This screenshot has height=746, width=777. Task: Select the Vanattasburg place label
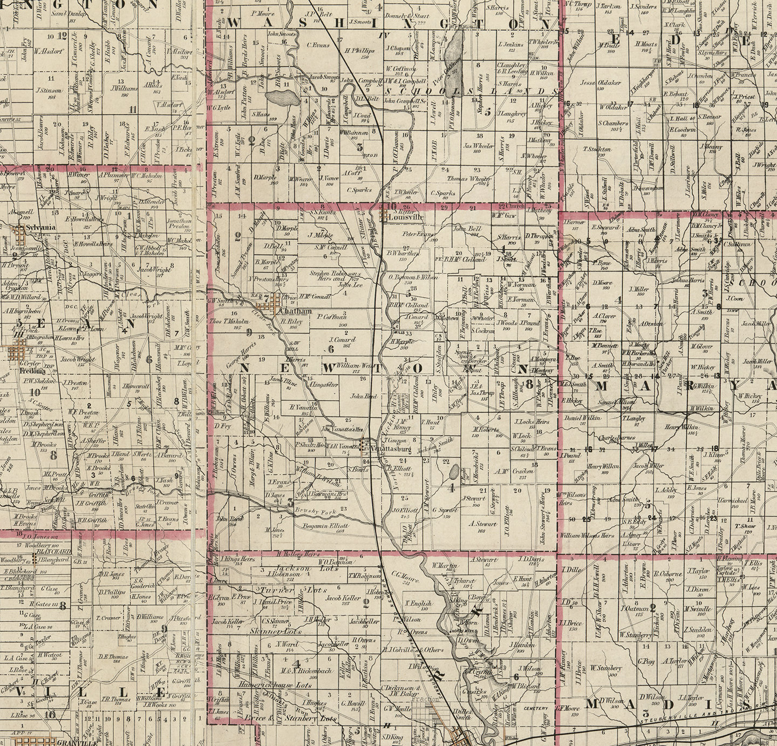pyautogui.click(x=390, y=448)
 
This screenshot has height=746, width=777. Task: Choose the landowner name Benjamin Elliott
pyautogui.click(x=325, y=524)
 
